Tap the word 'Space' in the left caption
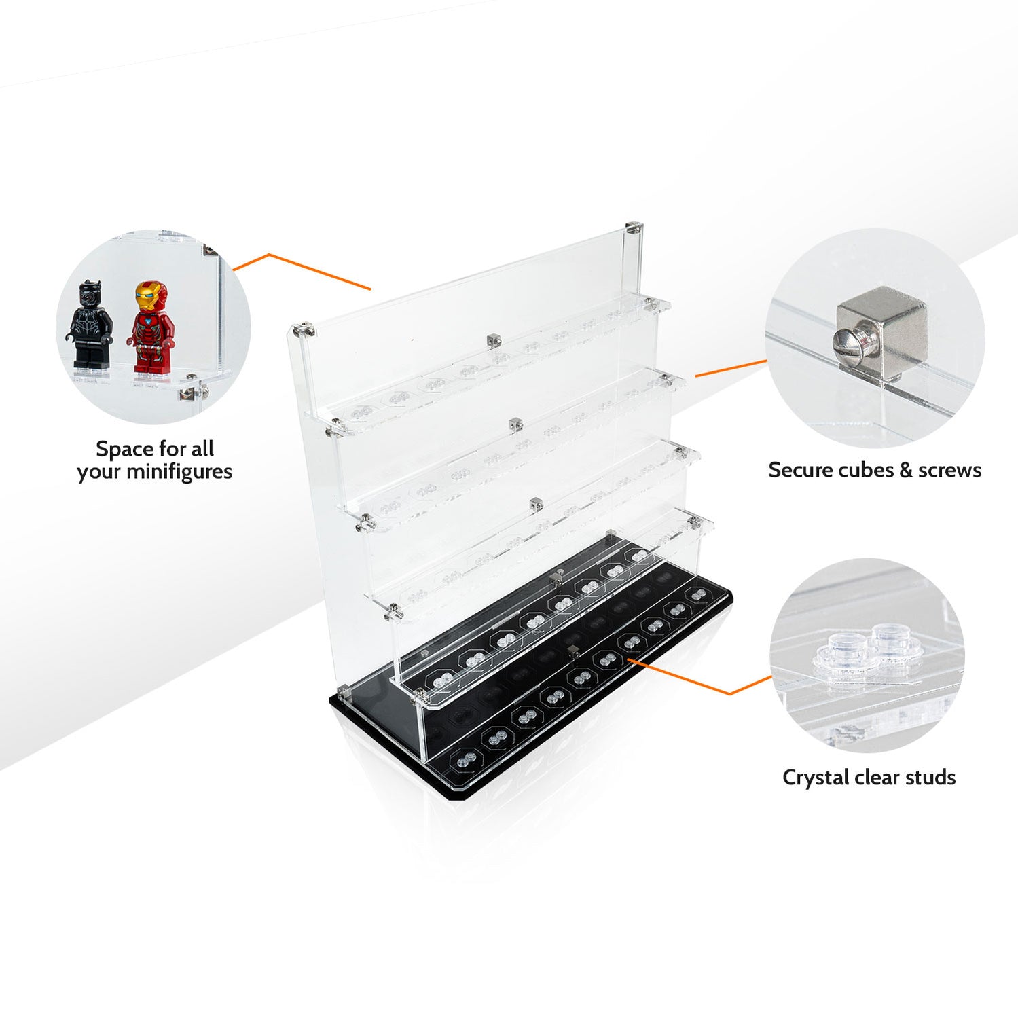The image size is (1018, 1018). click(x=124, y=449)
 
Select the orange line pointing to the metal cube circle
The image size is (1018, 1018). click(x=730, y=369)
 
